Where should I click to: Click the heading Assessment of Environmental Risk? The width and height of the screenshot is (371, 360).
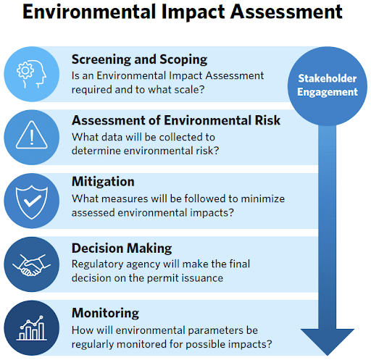pyautogui.click(x=176, y=120)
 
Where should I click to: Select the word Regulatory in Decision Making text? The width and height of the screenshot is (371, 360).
pyautogui.click(x=99, y=264)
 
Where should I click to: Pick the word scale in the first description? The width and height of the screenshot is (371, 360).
pyautogui.click(x=190, y=89)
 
